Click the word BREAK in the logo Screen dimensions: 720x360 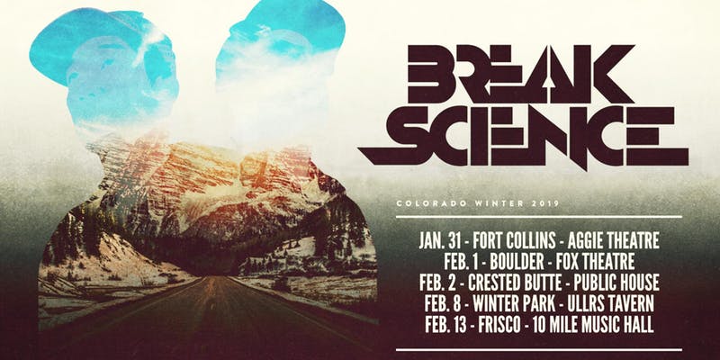(522, 74)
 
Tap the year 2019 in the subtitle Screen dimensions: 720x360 (547, 203)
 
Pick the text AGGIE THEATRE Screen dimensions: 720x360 (614, 240)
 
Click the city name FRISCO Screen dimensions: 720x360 (499, 325)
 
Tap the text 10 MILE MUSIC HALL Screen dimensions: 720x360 (593, 325)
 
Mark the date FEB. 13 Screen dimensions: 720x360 (445, 325)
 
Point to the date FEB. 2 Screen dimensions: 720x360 (437, 283)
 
